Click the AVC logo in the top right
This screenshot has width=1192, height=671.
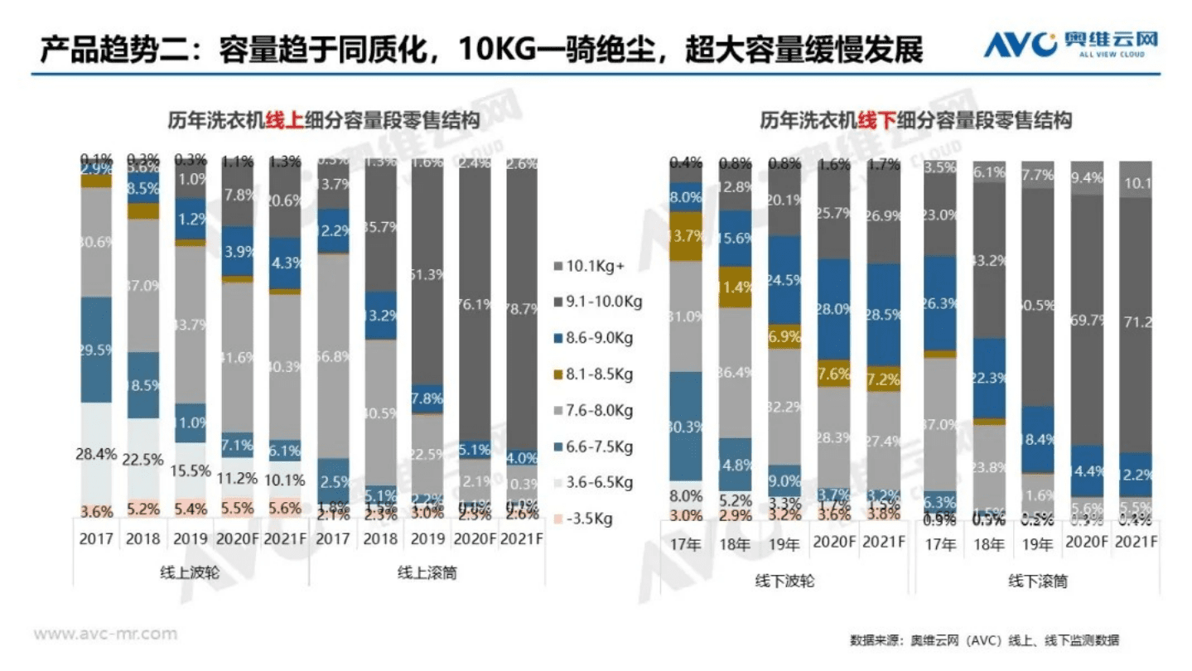(x=1069, y=44)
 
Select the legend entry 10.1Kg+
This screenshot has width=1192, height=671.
(x=596, y=267)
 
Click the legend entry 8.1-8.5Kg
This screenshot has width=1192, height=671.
(x=596, y=374)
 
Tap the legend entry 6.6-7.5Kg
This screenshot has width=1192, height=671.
(x=596, y=447)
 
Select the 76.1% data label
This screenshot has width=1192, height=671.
(x=475, y=304)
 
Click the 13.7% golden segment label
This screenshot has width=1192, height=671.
(x=685, y=236)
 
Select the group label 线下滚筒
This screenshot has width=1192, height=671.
(x=1037, y=581)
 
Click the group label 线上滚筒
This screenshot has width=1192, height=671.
(x=427, y=573)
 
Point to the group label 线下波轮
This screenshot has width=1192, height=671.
(x=785, y=581)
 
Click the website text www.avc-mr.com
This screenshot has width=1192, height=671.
(x=104, y=634)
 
